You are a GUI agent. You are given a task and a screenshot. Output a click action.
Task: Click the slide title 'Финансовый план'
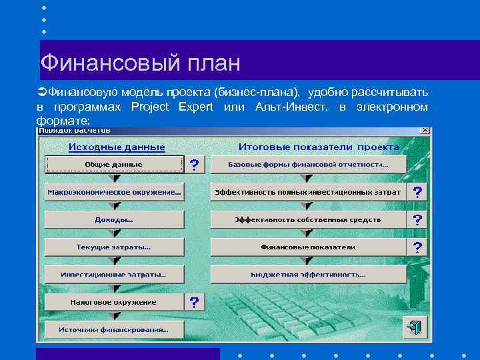(x=140, y=63)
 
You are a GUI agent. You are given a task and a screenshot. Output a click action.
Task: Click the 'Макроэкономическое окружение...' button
(x=114, y=192)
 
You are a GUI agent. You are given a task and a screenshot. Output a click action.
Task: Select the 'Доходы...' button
(x=114, y=219)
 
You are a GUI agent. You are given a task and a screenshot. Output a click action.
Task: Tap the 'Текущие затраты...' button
(x=114, y=247)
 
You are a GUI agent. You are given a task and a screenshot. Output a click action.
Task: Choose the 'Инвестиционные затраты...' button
(x=114, y=275)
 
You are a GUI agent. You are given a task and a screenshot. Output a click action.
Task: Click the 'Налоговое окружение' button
(x=114, y=302)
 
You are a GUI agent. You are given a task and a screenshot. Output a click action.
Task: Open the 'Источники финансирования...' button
(x=114, y=329)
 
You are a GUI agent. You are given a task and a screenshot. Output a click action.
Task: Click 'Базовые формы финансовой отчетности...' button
(x=307, y=164)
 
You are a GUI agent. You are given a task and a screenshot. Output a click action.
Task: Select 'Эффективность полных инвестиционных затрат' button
(x=307, y=192)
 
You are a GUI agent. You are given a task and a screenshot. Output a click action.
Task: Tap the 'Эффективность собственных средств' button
(x=307, y=219)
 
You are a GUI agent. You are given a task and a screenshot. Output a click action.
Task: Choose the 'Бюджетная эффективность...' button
(x=307, y=275)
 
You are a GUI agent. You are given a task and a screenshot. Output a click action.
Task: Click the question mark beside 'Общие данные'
(x=194, y=165)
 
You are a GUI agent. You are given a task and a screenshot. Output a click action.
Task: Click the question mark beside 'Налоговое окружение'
(x=194, y=303)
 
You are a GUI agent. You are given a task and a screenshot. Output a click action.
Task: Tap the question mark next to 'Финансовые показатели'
(x=417, y=247)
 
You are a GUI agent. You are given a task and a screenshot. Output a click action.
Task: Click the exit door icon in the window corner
(x=414, y=328)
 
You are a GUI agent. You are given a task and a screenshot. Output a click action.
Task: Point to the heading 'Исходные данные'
(x=117, y=146)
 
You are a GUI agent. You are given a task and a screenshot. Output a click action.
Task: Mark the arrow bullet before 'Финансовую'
(x=41, y=91)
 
